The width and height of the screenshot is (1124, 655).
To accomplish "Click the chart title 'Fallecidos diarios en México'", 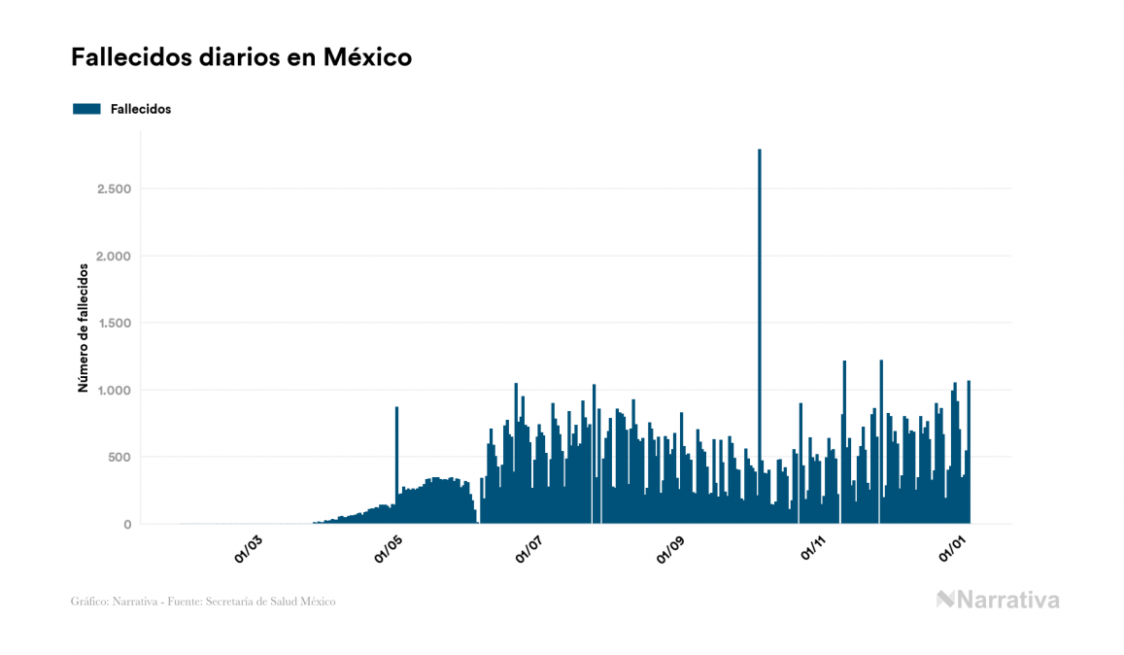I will (241, 58).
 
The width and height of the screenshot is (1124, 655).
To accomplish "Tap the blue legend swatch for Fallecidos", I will (86, 109).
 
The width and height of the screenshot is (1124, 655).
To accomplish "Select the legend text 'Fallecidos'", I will (141, 109).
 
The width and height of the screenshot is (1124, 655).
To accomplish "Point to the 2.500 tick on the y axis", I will (114, 189).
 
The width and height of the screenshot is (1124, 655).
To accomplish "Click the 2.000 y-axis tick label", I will (114, 256).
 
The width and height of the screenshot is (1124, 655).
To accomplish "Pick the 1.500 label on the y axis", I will (114, 323).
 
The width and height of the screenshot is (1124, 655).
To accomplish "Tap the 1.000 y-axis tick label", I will (114, 390).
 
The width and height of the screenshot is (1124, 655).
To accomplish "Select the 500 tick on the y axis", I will (119, 457).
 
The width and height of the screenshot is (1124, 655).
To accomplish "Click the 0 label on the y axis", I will (126, 525).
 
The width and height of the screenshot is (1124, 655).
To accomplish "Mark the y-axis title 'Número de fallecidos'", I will (83, 327).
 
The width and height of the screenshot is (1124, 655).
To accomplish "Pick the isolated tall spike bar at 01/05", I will (396, 457).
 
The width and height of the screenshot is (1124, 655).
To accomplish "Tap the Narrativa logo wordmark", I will (998, 600).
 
